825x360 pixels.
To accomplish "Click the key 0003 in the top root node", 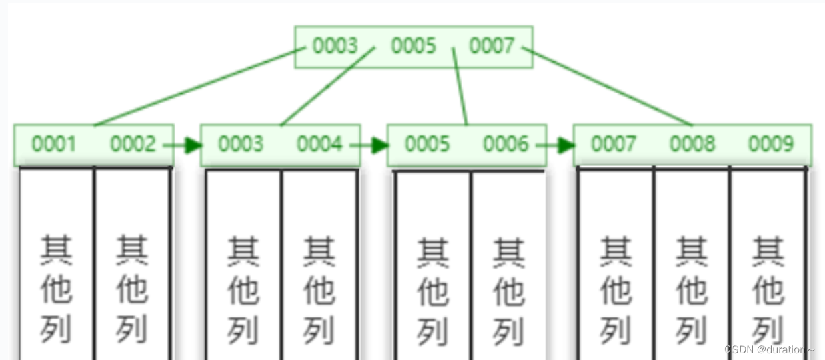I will tap(335, 46).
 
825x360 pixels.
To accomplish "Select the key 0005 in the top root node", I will tap(413, 46).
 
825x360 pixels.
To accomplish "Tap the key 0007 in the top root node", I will tap(492, 46).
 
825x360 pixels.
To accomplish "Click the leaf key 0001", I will tap(54, 144).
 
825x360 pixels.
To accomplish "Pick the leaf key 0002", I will tap(133, 144).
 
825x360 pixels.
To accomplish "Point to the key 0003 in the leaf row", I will tap(241, 144).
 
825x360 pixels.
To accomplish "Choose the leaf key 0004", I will tap(319, 144).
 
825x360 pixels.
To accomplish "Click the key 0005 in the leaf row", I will tap(427, 144).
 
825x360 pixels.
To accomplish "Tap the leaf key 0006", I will tap(506, 144).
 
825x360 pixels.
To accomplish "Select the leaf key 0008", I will tap(692, 144).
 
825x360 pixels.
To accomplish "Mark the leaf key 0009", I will tap(771, 144).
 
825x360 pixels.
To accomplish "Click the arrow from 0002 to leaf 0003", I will tap(183, 145).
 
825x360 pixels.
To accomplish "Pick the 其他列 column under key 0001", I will tap(56, 287).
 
